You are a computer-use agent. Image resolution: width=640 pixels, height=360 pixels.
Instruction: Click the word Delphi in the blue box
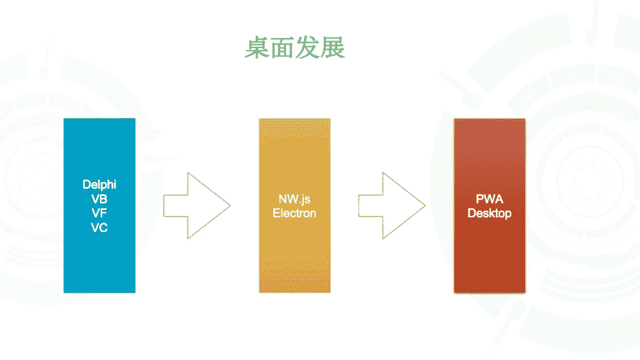coord(99,184)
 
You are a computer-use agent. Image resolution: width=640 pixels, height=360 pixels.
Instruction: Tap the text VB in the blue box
coord(99,199)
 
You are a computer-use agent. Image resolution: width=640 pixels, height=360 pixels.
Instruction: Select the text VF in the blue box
coord(99,213)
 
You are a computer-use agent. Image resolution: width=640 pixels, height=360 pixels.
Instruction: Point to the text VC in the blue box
coord(99,227)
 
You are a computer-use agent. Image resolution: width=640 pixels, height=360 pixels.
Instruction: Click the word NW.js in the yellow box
coord(294,199)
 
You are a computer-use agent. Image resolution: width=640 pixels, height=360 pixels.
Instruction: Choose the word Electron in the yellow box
coord(294,213)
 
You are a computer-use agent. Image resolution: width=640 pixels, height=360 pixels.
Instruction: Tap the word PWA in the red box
coord(489,199)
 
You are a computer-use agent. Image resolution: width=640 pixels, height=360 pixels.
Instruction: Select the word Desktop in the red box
coord(489,213)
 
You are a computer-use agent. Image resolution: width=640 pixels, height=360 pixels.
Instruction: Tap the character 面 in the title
coord(281,48)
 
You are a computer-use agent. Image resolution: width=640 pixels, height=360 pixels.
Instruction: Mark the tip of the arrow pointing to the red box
coord(424,205)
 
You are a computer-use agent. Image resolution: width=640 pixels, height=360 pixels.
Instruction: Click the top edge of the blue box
coord(99,119)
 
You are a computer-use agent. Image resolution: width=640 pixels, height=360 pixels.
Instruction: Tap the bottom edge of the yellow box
coord(294,292)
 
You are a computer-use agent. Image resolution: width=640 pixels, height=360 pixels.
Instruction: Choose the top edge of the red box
coord(489,119)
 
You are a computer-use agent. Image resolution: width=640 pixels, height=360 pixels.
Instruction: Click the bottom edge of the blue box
coord(99,292)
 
